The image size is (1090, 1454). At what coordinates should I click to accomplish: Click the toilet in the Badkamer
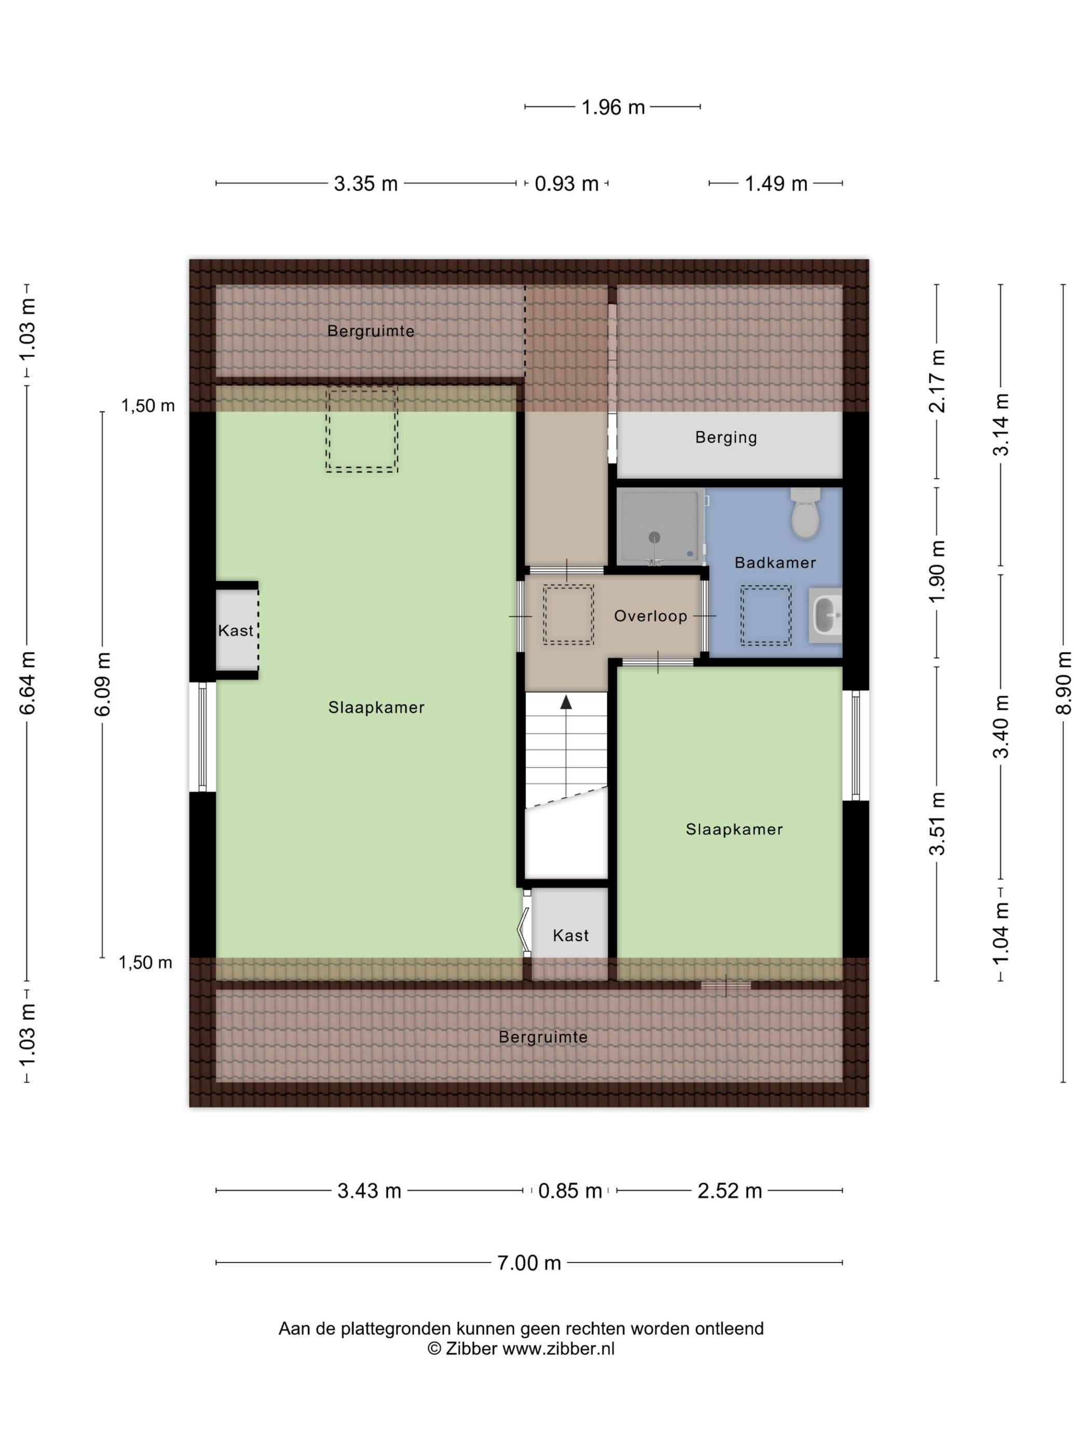[804, 512]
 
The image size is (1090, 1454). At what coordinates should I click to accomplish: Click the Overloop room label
[650, 616]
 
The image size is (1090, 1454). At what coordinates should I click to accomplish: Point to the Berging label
[726, 437]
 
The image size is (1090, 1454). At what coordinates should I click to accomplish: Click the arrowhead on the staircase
[566, 702]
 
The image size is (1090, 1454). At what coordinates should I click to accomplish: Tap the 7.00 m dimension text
[529, 1263]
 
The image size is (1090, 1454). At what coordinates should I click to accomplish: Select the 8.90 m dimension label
[1064, 683]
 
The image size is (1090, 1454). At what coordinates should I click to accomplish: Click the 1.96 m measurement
[613, 107]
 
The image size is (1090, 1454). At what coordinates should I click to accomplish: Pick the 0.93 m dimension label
[566, 183]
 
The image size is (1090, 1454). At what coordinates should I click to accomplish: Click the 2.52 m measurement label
[729, 1190]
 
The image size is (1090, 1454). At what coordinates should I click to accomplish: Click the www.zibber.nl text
[558, 1349]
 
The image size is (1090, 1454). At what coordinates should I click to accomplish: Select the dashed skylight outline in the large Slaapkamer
[361, 430]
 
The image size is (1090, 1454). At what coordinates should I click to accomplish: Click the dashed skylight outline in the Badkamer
[766, 615]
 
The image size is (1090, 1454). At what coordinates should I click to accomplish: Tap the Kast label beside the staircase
[570, 935]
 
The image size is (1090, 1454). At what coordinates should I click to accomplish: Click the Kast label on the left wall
[235, 630]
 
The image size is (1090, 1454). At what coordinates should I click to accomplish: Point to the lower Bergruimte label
[543, 1037]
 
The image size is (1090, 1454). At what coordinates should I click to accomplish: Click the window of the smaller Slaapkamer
[855, 745]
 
